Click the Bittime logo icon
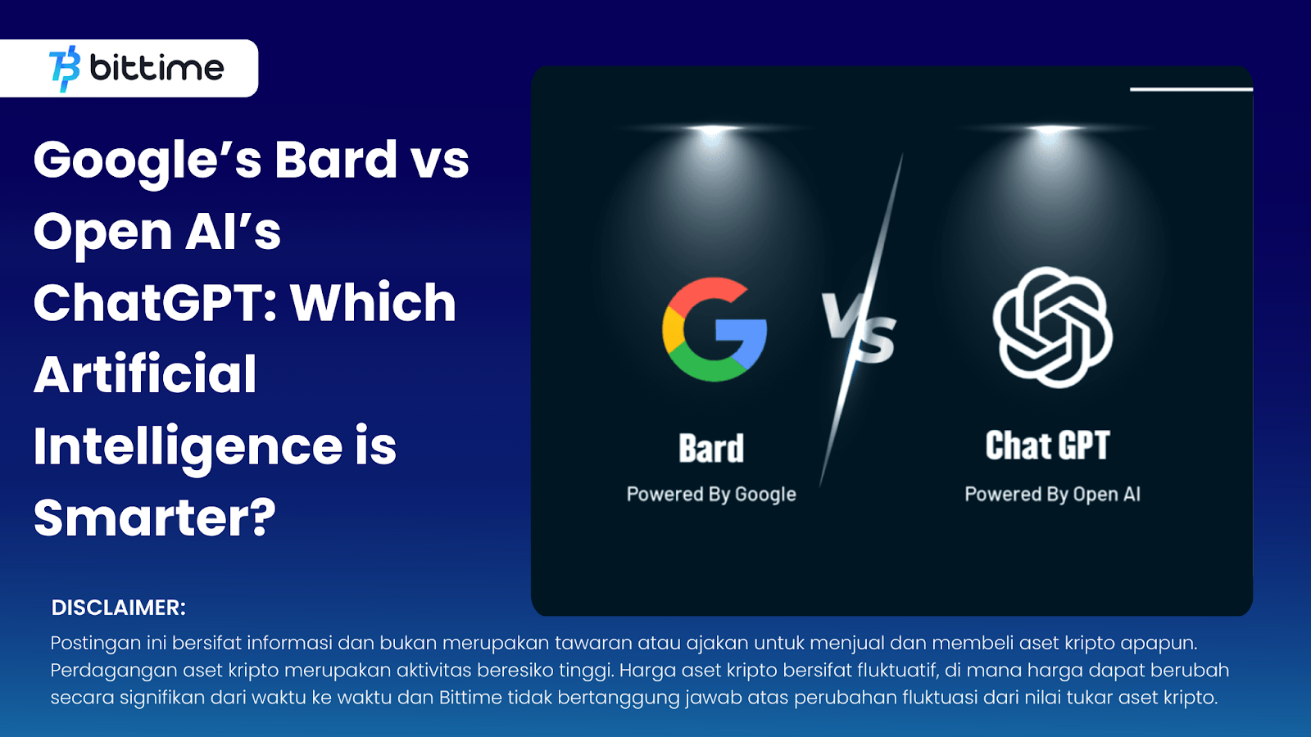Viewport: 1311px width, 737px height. click(x=65, y=69)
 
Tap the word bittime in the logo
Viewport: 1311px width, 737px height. click(x=157, y=68)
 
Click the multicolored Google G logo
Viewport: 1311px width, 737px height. click(x=714, y=329)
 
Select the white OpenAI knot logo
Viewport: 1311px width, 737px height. click(x=1052, y=327)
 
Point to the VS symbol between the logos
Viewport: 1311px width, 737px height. click(x=860, y=327)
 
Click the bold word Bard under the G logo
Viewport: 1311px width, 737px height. click(x=712, y=449)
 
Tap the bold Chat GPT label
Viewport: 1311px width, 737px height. click(x=1048, y=445)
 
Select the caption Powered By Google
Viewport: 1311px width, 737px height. click(x=712, y=495)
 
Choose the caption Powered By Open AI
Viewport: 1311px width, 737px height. click(x=1052, y=495)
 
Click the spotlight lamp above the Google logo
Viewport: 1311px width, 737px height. click(x=713, y=129)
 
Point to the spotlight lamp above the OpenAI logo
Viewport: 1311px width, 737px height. click(x=1051, y=129)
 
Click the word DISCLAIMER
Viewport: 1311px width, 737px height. click(x=118, y=608)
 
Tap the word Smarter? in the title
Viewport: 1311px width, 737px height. click(x=155, y=518)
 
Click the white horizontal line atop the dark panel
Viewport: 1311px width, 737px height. click(x=1191, y=89)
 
